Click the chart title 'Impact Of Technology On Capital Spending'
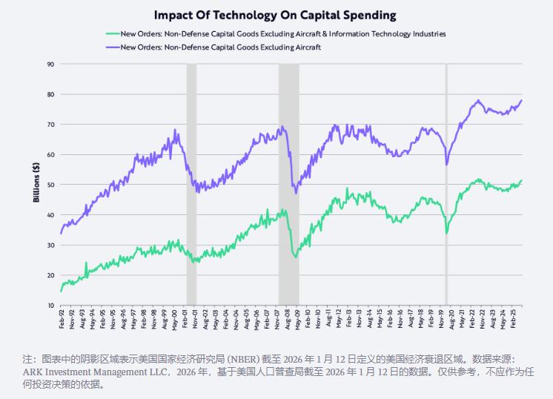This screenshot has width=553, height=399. point(275,15)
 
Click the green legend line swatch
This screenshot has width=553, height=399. point(112,34)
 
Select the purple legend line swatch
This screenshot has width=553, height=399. point(112,47)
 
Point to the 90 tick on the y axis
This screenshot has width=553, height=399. point(50,65)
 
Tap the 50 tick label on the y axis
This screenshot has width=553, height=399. point(50,185)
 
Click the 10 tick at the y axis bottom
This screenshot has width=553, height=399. point(50,306)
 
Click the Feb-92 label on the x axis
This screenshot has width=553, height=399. point(62,320)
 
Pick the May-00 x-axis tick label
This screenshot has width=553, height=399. point(173,320)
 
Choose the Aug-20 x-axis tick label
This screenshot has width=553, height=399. point(451,320)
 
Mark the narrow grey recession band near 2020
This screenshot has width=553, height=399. point(446,185)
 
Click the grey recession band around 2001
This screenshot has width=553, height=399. point(191,185)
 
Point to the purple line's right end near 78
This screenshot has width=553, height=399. point(521,100)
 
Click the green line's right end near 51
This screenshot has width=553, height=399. point(521,180)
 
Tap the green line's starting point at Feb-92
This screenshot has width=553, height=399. point(61,291)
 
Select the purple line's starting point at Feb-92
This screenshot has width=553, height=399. point(61,234)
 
